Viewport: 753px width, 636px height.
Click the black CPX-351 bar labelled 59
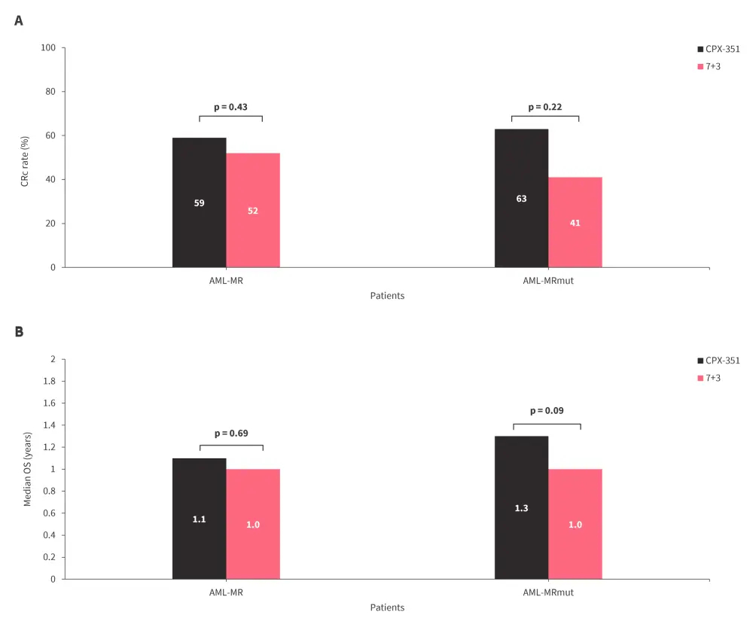point(199,202)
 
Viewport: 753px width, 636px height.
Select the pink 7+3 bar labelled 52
point(253,210)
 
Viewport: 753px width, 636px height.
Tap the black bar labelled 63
point(521,198)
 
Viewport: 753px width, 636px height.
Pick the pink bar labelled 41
point(575,222)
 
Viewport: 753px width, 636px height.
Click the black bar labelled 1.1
point(199,519)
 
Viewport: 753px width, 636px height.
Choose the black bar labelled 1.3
point(521,508)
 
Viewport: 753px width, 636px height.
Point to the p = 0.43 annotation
point(230,107)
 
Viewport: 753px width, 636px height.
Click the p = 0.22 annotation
point(545,107)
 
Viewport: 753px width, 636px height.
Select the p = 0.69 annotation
point(231,434)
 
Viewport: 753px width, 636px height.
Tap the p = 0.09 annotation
point(547,411)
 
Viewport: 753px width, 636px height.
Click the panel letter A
point(19,20)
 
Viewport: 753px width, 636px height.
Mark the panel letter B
point(19,331)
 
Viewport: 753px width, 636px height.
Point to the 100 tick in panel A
point(49,48)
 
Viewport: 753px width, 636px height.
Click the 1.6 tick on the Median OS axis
point(49,403)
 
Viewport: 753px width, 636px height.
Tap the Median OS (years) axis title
point(27,469)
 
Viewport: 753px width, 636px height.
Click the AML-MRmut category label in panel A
point(548,281)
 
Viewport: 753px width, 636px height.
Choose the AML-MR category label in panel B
point(226,592)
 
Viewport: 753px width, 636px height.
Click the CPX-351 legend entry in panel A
point(717,49)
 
